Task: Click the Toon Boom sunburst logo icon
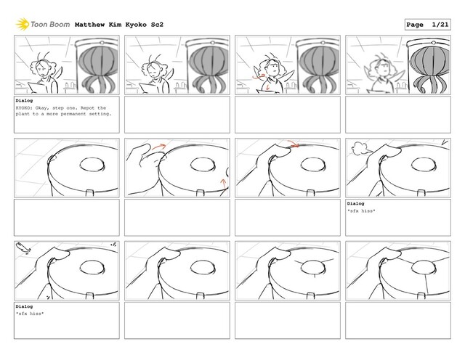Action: pyautogui.click(x=23, y=24)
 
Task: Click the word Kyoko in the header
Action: pyautogui.click(x=136, y=25)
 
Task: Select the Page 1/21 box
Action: pyautogui.click(x=428, y=25)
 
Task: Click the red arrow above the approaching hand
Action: pyautogui.click(x=159, y=146)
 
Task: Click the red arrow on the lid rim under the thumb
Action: pyautogui.click(x=294, y=144)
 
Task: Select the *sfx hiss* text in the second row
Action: pyautogui.click(x=361, y=211)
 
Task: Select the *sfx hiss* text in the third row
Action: pyautogui.click(x=30, y=314)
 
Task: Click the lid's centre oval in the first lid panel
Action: pyautogui.click(x=92, y=165)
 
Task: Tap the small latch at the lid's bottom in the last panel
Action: pyautogui.click(x=421, y=295)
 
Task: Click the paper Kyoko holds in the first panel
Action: pyautogui.click(x=37, y=88)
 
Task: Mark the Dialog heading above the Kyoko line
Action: pyautogui.click(x=24, y=101)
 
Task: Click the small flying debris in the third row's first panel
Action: pyautogui.click(x=23, y=247)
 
